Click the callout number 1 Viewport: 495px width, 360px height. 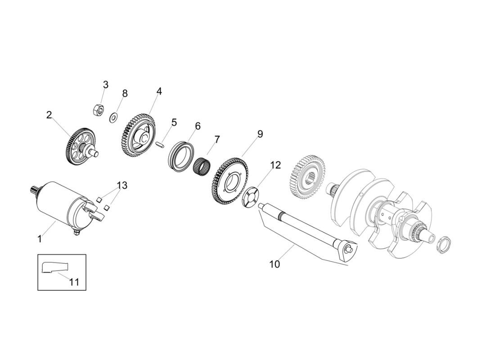click(x=40, y=239)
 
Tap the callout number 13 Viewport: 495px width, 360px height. click(x=122, y=185)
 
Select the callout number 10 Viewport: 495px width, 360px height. click(x=274, y=264)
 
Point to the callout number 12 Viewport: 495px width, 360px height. click(x=275, y=165)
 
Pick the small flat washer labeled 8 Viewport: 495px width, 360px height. click(x=114, y=118)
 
